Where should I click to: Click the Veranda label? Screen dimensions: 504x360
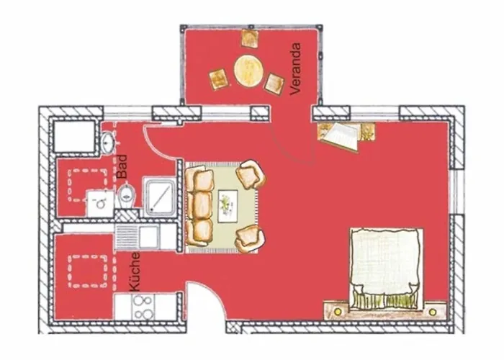[x=295, y=69]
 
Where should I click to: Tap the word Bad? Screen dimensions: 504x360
[x=122, y=166]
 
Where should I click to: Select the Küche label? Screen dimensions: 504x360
[x=135, y=272]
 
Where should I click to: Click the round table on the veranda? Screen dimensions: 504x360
[x=248, y=71]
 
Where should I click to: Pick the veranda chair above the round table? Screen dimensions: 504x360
[x=250, y=39]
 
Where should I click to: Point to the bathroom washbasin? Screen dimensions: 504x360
[x=108, y=142]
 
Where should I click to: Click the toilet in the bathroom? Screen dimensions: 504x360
[x=127, y=195]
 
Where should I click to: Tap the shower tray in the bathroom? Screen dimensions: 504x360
[x=159, y=197]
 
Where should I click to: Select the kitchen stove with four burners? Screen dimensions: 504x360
[x=143, y=307]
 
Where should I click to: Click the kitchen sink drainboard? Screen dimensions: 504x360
[x=127, y=237]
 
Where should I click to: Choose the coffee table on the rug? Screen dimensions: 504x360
[x=228, y=206]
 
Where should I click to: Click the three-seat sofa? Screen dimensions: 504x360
[x=199, y=206]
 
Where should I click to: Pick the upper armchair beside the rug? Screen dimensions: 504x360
[x=251, y=174]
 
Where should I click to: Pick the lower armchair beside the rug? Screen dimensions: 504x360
[x=250, y=238]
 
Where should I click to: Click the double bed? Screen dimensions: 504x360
[x=386, y=269]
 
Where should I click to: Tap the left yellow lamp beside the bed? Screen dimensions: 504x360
[x=338, y=311]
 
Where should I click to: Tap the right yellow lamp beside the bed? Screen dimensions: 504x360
[x=433, y=312]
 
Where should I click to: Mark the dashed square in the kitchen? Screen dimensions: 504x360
[x=87, y=271]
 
